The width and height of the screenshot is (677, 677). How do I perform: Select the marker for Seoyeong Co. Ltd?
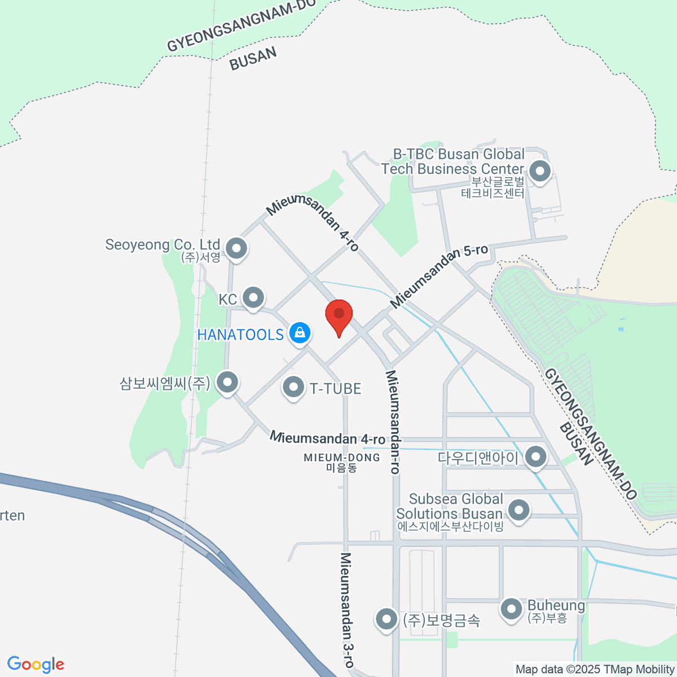coord(236,248)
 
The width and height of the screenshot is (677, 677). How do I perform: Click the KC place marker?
coord(253,297)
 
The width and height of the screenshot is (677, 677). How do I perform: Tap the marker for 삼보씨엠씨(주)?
coord(227,382)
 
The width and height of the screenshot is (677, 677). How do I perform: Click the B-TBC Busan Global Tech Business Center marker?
coord(540,171)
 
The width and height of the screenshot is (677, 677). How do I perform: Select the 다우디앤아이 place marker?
coord(535,456)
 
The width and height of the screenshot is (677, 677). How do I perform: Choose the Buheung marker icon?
coord(512,609)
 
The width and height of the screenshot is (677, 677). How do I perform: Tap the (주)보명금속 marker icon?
coord(386,619)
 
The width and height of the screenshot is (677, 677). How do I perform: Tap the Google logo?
coord(36,665)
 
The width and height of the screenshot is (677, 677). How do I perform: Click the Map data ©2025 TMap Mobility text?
coord(595,670)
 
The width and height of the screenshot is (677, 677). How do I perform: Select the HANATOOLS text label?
coord(240,335)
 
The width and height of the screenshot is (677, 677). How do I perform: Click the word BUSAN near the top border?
coord(253,58)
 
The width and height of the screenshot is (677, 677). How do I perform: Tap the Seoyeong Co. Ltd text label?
coord(162,245)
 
